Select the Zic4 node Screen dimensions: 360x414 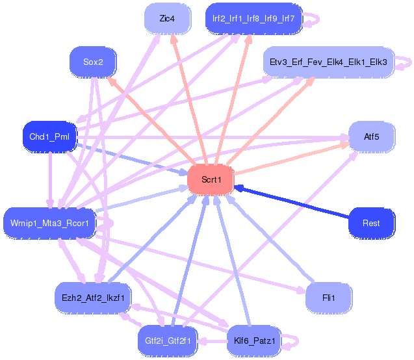pyautogui.click(x=167, y=19)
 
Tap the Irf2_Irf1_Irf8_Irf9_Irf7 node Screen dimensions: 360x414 pyautogui.click(x=253, y=19)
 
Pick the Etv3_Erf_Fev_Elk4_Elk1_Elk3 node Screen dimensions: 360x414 pyautogui.click(x=328, y=62)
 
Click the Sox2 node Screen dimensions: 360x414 pyautogui.click(x=92, y=62)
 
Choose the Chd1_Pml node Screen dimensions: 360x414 pyautogui.click(x=49, y=136)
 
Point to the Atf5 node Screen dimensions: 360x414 pyautogui.click(x=372, y=136)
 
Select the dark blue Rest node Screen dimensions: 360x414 pyautogui.click(x=372, y=223)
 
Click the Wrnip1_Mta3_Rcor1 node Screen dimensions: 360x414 pyautogui.click(x=49, y=223)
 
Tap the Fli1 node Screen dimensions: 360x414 pyautogui.click(x=328, y=298)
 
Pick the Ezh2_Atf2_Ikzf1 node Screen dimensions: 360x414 pyautogui.click(x=93, y=297)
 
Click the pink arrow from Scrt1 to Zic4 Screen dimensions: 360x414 pyautogui.click(x=189, y=97)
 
